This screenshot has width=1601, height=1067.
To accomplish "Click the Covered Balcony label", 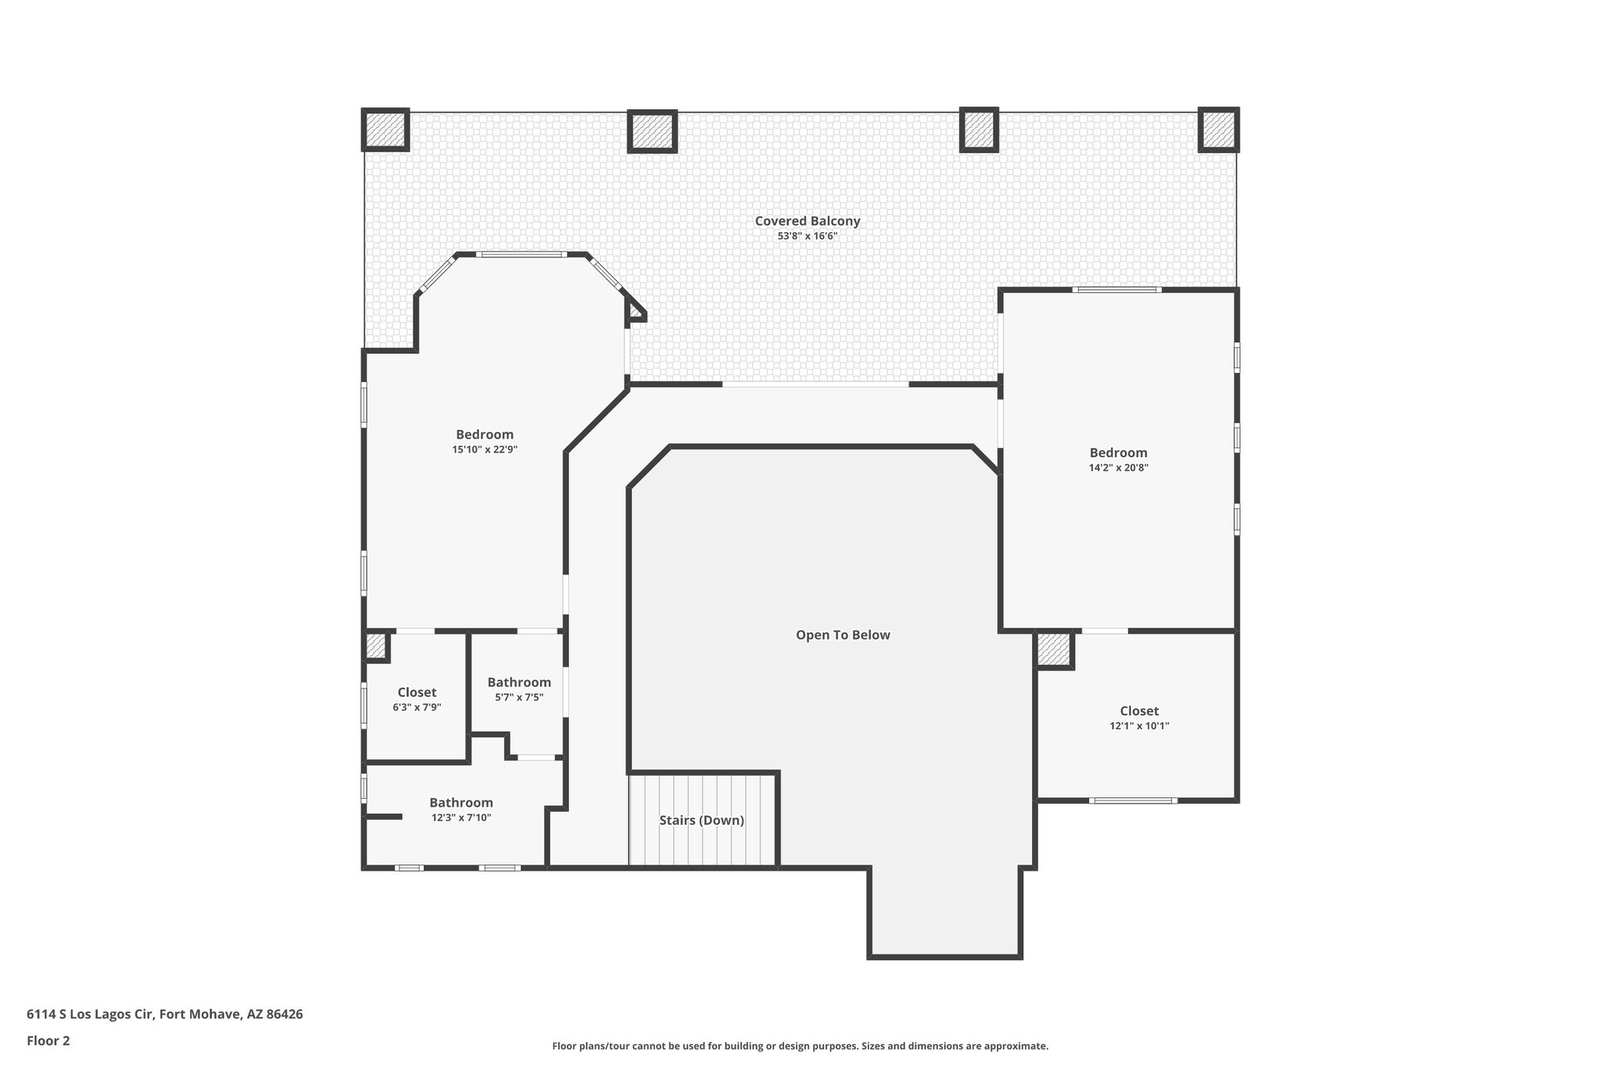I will pyautogui.click(x=807, y=221).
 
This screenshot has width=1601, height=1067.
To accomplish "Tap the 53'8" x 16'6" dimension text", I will pyautogui.click(x=807, y=236).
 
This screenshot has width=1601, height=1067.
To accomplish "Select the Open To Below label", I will pyautogui.click(x=843, y=635).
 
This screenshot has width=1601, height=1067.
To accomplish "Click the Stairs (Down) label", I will pyautogui.click(x=701, y=821).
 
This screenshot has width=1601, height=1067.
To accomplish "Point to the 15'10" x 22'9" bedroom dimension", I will pyautogui.click(x=485, y=449).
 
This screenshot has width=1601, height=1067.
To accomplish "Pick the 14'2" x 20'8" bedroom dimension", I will pyautogui.click(x=1118, y=467).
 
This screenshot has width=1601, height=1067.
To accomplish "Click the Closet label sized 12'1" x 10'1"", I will pyautogui.click(x=1139, y=711).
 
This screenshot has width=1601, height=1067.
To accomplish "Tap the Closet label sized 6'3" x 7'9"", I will pyautogui.click(x=417, y=692).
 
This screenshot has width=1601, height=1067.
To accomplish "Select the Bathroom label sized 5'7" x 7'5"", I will pyautogui.click(x=519, y=682).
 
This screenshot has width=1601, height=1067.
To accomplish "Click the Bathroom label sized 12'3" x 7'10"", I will pyautogui.click(x=461, y=803).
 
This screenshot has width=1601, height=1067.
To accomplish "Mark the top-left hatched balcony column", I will pyautogui.click(x=385, y=130).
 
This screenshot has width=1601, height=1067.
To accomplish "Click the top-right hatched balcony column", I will pyautogui.click(x=1218, y=130).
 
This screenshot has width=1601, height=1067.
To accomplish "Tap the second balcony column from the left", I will pyautogui.click(x=652, y=131).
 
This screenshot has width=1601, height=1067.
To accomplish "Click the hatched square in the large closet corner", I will pyautogui.click(x=1055, y=650).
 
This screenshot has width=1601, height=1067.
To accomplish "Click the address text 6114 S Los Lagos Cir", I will pyautogui.click(x=164, y=1015).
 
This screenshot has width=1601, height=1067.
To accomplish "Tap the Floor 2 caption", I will pyautogui.click(x=48, y=1040).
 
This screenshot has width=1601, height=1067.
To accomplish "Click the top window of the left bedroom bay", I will pyautogui.click(x=522, y=254).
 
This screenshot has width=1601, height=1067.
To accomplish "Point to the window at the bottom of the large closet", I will pyautogui.click(x=1133, y=800).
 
